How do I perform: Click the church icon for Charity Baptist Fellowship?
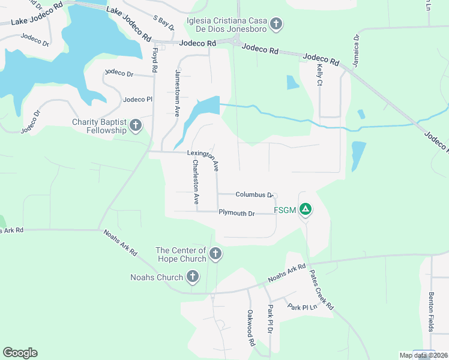coord(136,125)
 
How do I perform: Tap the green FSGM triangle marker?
coord(306,209)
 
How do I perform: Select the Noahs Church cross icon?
coord(192,277)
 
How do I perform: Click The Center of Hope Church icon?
coord(215,255)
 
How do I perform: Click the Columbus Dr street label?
coord(255,194)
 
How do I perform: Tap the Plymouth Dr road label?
coord(237,213)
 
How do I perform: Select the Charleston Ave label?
coord(195,182)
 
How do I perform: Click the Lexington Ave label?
coord(203,159)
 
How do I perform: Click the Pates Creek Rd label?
coord(322,289)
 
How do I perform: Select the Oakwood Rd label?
coord(251,328)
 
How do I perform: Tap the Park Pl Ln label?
coord(302,307)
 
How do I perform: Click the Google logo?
coord(20,353)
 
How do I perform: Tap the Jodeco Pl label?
coord(138,100)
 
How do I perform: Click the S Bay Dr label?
coord(163,23)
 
